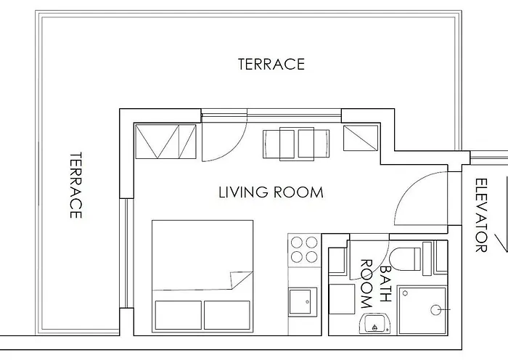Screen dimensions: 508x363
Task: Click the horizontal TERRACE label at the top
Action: click(271, 64)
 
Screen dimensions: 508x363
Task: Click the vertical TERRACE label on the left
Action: click(75, 185)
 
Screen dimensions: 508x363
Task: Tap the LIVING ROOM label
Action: click(271, 192)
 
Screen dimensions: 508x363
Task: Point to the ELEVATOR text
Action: click(481, 215)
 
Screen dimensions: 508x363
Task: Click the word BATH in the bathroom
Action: click(385, 284)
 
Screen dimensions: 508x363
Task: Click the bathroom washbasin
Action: click(374, 323)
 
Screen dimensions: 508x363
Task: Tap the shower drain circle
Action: click(435, 310)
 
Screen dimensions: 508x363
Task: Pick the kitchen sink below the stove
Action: click(303, 302)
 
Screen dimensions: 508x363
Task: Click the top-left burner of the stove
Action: click(296, 242)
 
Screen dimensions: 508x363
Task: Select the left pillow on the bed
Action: click(179, 315)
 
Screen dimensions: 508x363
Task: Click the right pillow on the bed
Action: click(226, 315)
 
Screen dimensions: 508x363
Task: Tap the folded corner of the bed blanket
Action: click(241, 280)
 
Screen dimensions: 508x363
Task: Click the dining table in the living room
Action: click(296, 144)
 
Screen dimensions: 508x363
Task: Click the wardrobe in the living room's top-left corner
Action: click(165, 142)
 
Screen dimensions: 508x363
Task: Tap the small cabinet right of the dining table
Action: click(361, 138)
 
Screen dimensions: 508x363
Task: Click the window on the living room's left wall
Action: click(126, 253)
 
